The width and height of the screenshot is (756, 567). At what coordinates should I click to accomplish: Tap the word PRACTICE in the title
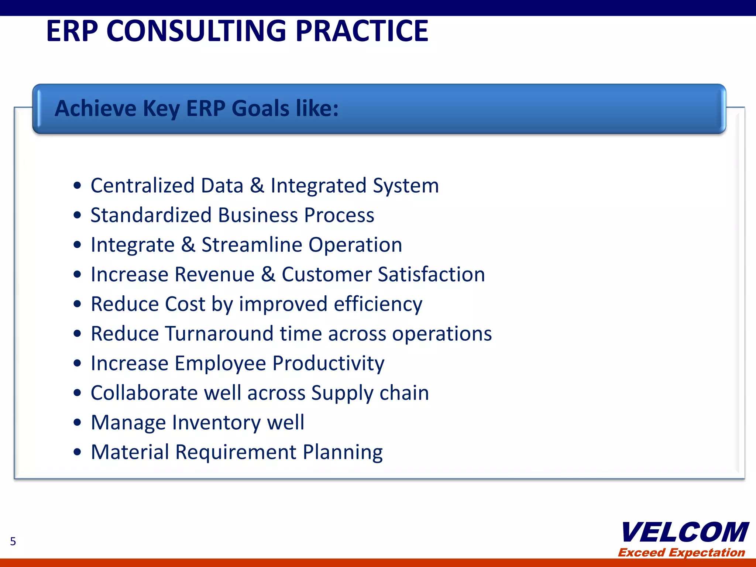pos(362,31)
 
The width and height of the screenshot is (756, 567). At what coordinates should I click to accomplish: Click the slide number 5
pos(13,541)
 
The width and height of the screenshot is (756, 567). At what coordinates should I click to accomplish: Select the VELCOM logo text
pos(685,533)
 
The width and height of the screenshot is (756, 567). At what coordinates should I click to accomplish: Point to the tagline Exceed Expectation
pos(681,552)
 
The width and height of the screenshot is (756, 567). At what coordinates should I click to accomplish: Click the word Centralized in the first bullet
pos(142,185)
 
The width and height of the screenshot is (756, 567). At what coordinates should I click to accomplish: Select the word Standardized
pos(151,215)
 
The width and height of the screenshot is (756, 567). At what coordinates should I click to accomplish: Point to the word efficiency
pos(378,305)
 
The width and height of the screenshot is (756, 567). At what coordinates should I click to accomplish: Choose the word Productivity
pos(328,364)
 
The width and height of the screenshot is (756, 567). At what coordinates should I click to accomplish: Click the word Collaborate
pos(144,393)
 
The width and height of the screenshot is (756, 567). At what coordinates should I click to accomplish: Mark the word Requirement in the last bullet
pos(236,452)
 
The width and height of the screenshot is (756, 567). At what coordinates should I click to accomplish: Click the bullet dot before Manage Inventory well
pos(77,422)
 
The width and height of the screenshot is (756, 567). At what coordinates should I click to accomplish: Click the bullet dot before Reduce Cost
pos(77,304)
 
